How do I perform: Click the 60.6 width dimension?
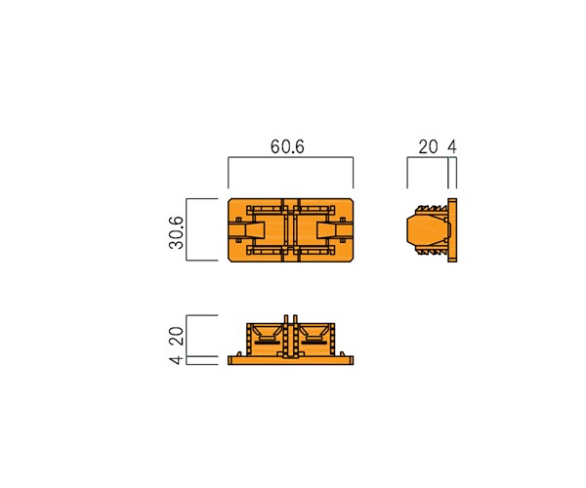pyautogui.click(x=287, y=146)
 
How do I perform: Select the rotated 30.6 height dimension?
pyautogui.click(x=177, y=232)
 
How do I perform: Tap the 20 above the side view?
pyautogui.click(x=428, y=147)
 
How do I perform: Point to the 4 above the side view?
pyautogui.click(x=452, y=147)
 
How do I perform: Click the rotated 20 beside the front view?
pyautogui.click(x=177, y=336)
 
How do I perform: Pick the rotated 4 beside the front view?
pyautogui.click(x=177, y=360)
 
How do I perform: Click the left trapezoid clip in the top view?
pyautogui.click(x=255, y=230)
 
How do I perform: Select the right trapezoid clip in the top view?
pyautogui.click(x=326, y=230)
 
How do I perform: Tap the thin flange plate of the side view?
pyautogui.click(x=452, y=230)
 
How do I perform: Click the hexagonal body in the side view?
pyautogui.click(x=429, y=230)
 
